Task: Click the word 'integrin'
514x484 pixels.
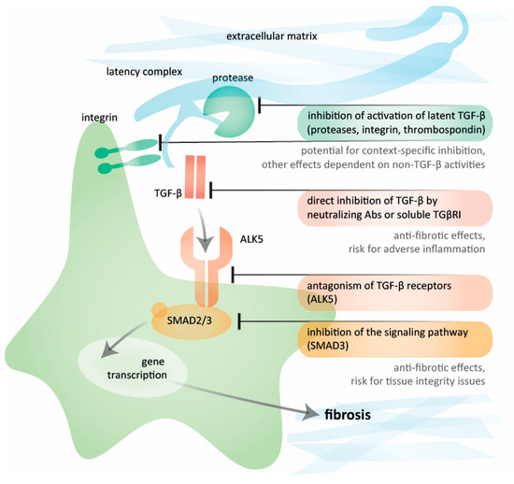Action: click(x=101, y=119)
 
